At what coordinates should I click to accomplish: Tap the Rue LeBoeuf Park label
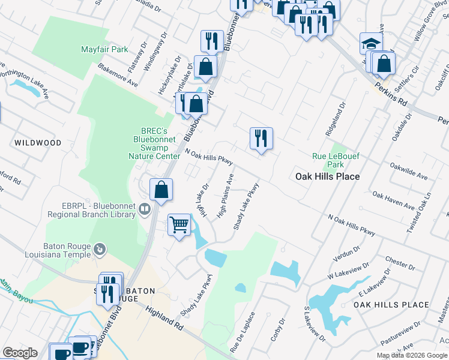point(328,160)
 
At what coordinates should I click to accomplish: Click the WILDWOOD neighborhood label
point(38,143)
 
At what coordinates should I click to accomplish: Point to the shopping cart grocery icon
point(179,225)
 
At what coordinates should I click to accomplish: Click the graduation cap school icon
point(371,43)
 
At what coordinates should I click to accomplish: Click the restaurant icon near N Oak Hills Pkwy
point(261,139)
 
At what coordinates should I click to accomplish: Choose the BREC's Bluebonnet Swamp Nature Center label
point(152,143)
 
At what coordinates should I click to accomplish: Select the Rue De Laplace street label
point(243,332)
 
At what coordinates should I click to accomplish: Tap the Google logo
point(20,353)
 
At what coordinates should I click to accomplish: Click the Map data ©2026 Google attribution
point(411,355)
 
